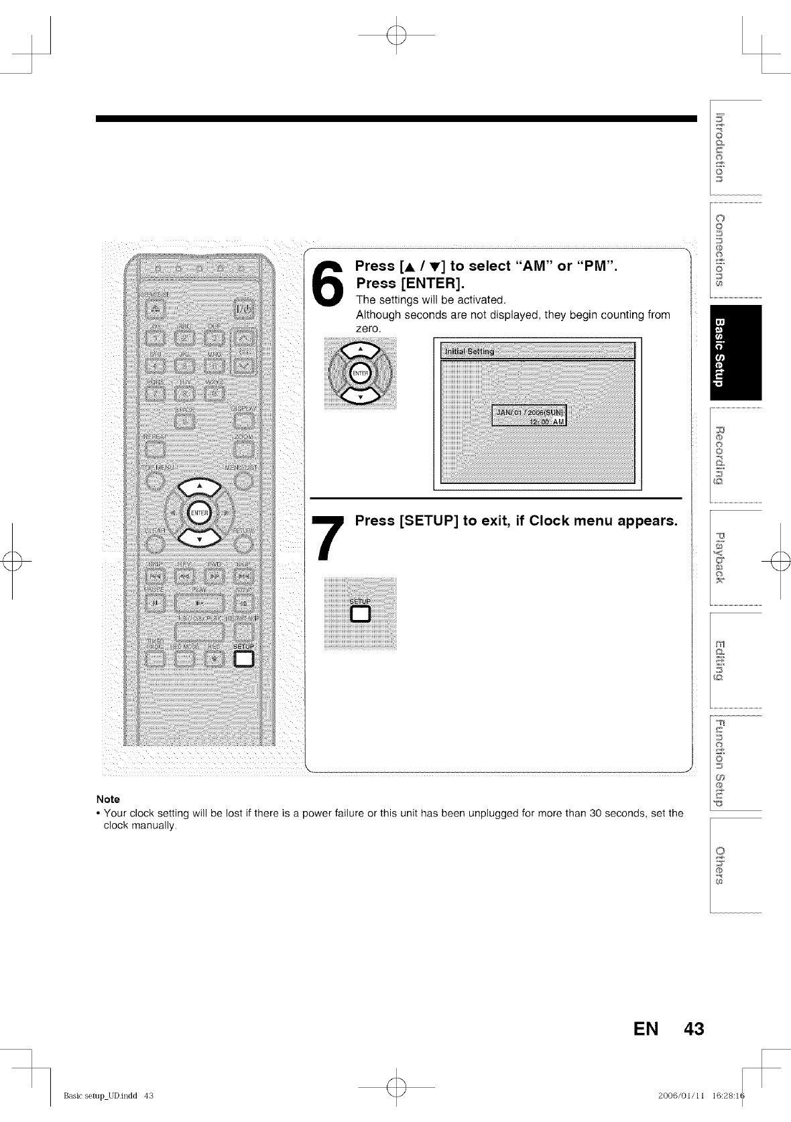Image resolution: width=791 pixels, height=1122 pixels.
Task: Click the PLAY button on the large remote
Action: click(199, 601)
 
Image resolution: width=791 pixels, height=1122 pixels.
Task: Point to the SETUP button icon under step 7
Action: click(360, 613)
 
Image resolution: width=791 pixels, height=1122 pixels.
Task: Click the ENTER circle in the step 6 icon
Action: click(360, 373)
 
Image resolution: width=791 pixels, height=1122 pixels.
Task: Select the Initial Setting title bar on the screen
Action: click(537, 351)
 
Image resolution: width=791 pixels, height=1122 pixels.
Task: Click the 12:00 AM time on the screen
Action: click(548, 421)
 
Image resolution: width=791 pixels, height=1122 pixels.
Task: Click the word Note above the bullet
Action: click(108, 799)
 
